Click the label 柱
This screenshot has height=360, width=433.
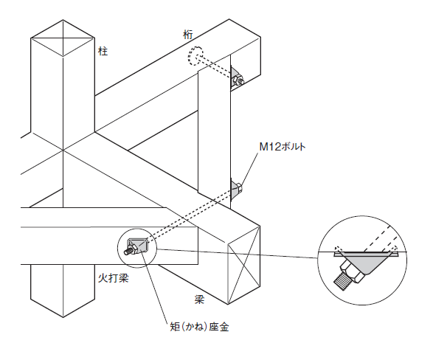(103, 52)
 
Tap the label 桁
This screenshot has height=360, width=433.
(188, 35)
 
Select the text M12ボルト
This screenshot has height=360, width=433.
(283, 147)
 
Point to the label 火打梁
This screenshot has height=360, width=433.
(114, 278)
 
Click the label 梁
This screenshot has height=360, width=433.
(199, 300)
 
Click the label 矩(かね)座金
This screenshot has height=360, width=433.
(200, 327)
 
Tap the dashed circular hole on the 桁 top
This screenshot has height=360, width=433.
(195, 55)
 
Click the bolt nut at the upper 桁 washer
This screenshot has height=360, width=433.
(237, 80)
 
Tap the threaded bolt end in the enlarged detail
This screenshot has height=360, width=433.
(342, 281)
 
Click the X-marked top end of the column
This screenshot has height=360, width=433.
(63, 38)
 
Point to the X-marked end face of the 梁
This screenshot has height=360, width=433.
(244, 265)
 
